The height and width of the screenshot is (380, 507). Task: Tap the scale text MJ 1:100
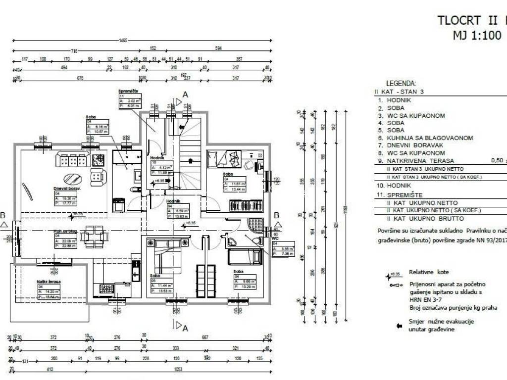point(478,36)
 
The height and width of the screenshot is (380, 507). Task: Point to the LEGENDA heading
point(401,84)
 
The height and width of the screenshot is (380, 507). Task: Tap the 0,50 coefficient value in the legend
point(496,161)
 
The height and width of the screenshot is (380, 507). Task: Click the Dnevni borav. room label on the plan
point(67,189)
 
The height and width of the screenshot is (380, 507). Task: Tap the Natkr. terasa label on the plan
point(49,282)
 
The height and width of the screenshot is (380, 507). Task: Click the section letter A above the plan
point(186,94)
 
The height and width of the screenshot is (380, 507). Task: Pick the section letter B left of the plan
point(3,216)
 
